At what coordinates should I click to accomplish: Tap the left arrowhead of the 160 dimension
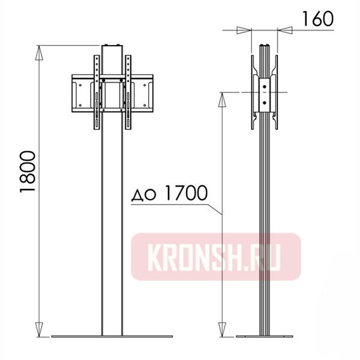(x=243, y=29)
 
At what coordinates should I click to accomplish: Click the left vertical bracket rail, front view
(x=96, y=93)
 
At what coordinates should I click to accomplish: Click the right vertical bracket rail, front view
(x=128, y=93)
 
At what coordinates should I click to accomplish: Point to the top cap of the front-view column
(x=112, y=46)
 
